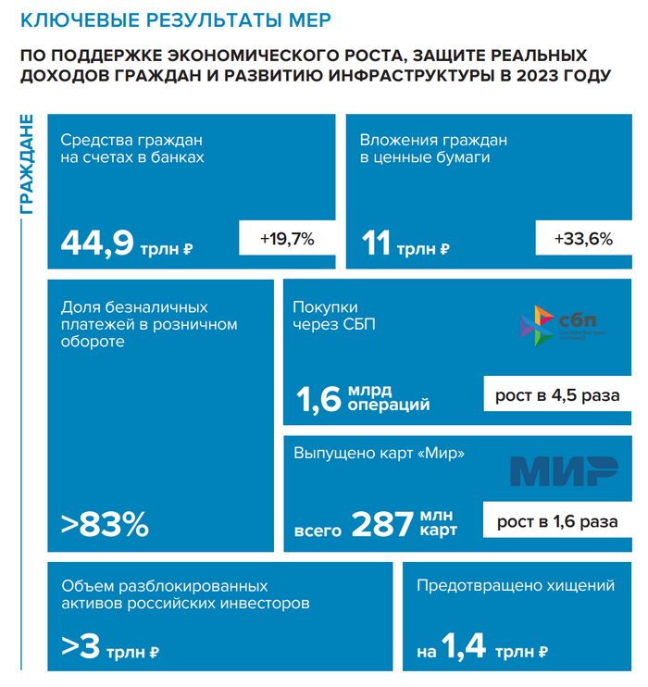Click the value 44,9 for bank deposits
97,243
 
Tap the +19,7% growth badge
287,239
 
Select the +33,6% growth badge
583,239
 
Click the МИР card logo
564,471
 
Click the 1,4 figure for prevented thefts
463,647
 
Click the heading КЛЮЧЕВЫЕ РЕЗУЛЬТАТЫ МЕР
175,20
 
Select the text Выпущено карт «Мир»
379,454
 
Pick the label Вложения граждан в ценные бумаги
432,149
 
